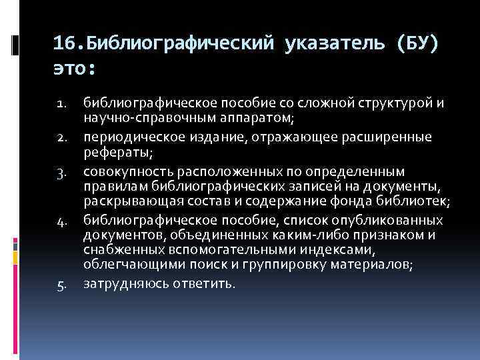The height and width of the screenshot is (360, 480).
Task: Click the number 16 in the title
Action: tap(63, 45)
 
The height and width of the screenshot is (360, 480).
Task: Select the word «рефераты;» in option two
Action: tap(118, 153)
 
